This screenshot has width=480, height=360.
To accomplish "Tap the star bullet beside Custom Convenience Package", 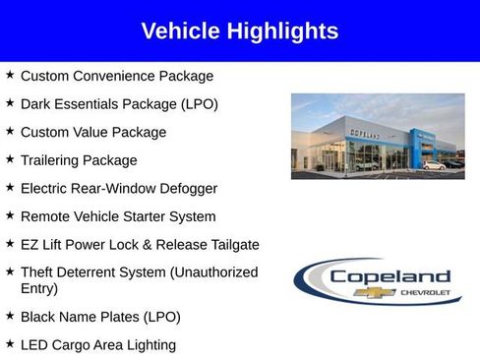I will click(x=10, y=75).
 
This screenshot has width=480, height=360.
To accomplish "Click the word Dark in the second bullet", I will click(x=35, y=103).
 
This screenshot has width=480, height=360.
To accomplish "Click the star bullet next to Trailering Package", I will click(x=10, y=159).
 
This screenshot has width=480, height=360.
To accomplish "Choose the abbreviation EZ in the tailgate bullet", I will click(x=30, y=244).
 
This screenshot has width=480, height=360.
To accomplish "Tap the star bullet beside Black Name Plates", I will click(x=10, y=316).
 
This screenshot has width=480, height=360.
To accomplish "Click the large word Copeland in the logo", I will click(x=390, y=276).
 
